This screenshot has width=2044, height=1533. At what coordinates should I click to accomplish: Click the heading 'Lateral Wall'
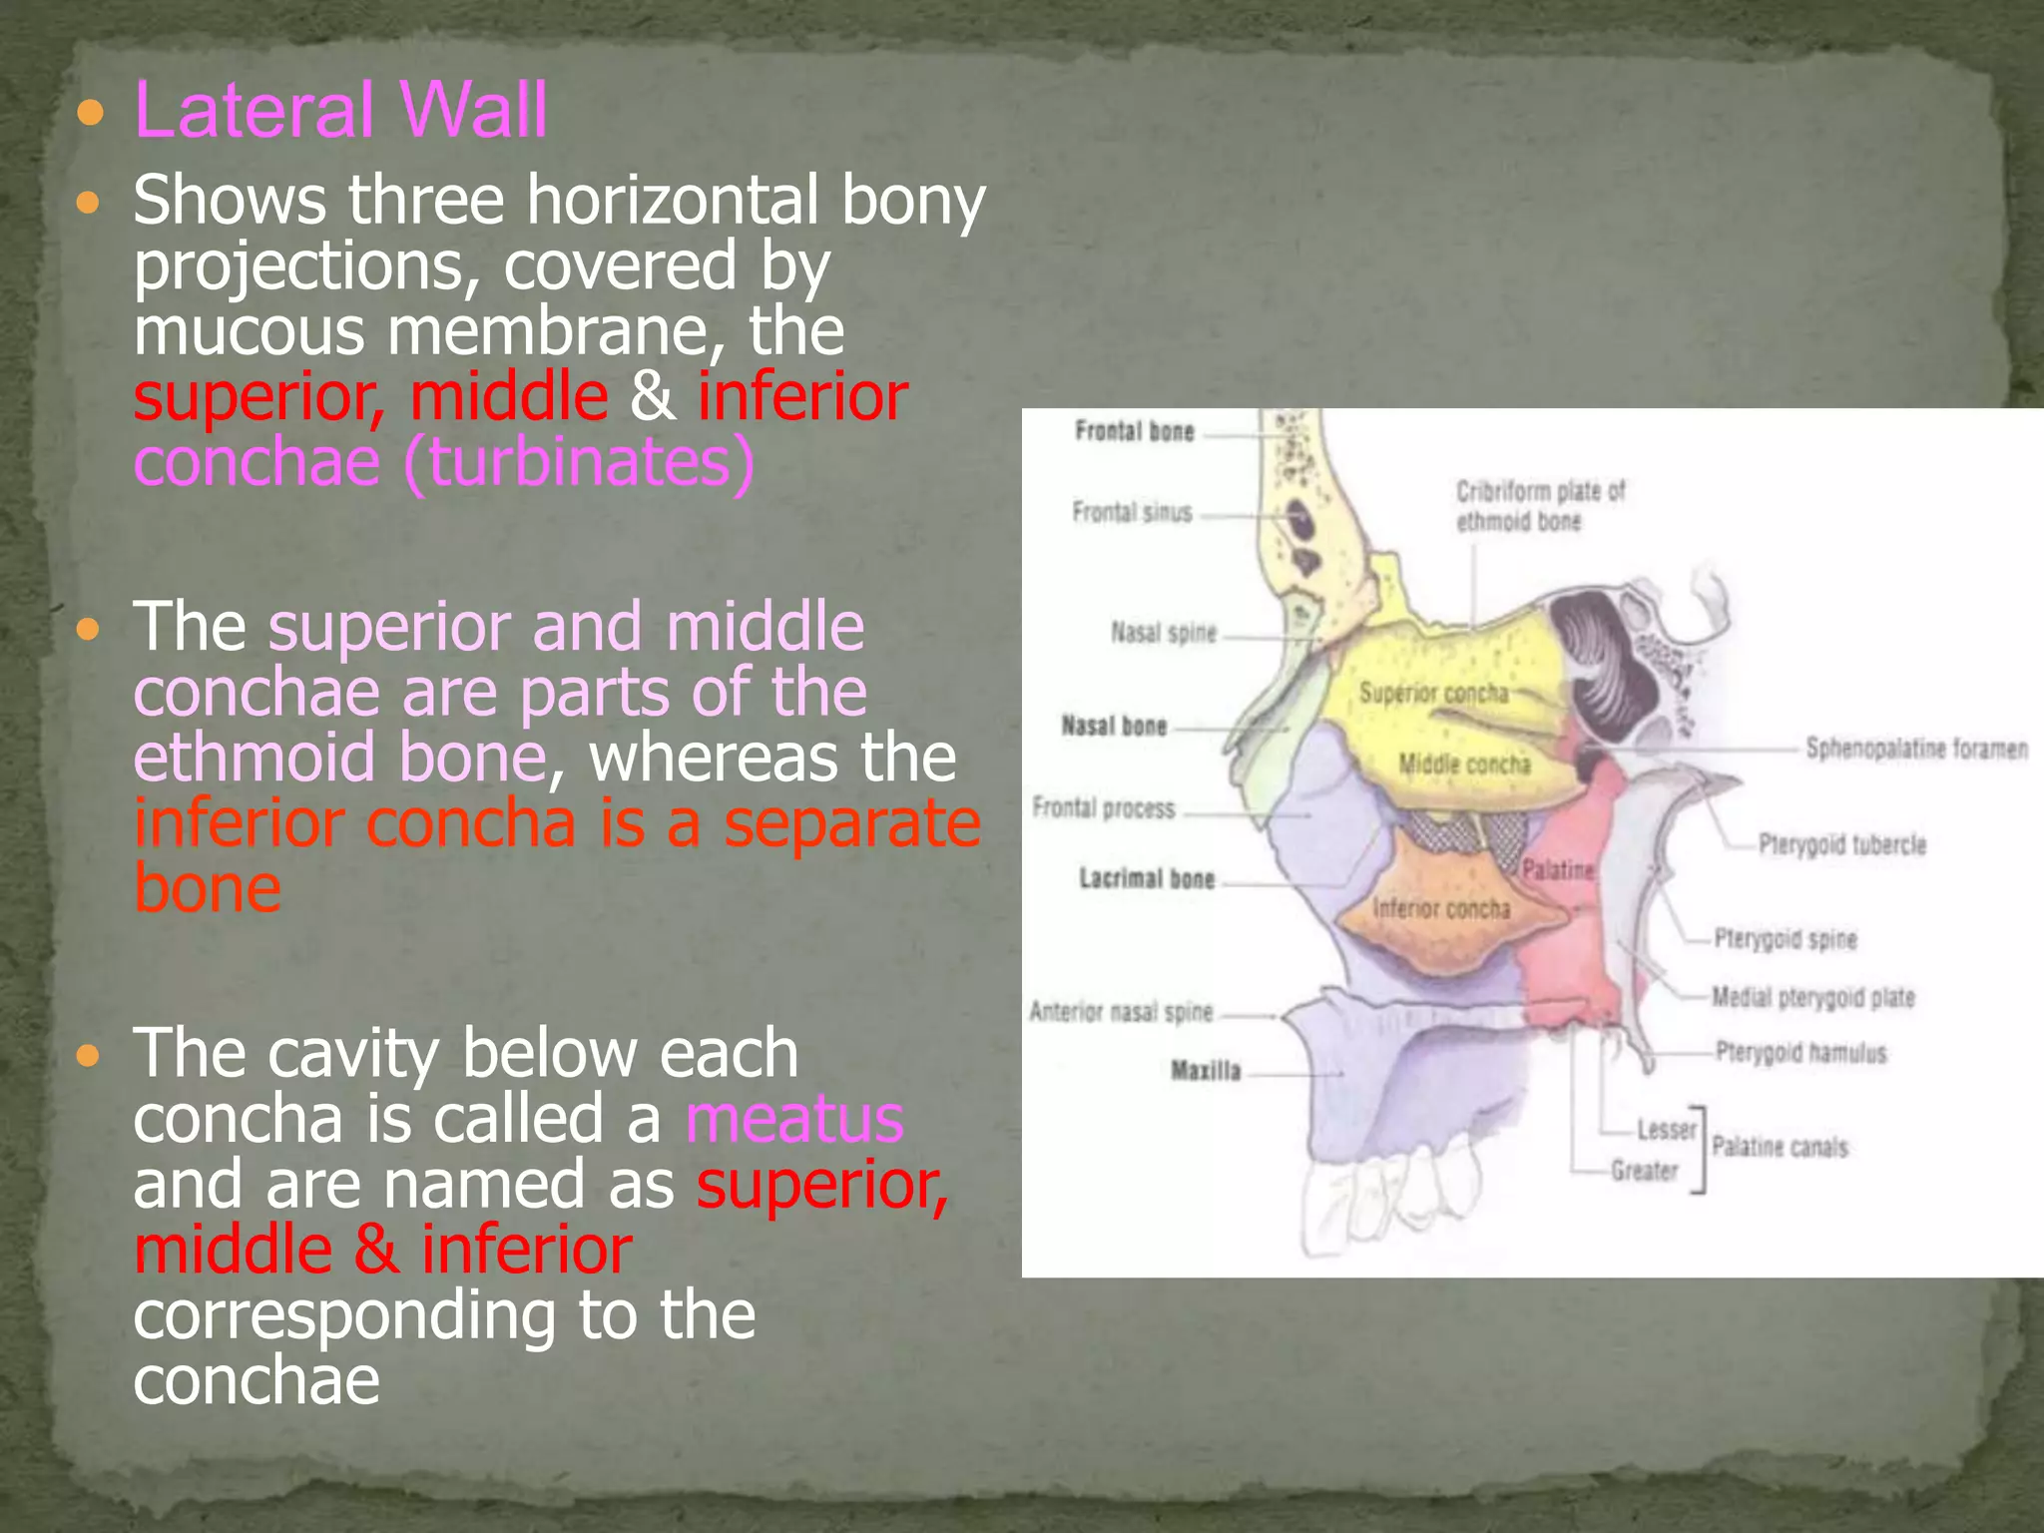pos(340,110)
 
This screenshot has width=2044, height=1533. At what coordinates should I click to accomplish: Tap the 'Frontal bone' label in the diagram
pos(1135,432)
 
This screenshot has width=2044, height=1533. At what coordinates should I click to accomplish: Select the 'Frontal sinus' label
pos(1132,513)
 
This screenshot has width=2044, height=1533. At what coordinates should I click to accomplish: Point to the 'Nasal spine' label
pos(1164,633)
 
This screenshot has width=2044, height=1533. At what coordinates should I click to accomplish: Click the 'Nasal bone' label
pos(1114,727)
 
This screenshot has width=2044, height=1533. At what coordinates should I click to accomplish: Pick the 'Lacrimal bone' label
pos(1147,879)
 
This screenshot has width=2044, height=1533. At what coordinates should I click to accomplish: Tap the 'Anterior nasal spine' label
pos(1121,1013)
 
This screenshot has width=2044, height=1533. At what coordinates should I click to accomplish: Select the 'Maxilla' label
pos(1206,1072)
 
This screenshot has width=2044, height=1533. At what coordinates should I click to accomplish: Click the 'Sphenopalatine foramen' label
pos(1916,749)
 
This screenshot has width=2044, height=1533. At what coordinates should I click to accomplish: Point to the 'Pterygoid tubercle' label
pos(1841,845)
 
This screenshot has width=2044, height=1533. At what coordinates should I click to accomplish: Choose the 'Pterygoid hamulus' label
pos(1800,1053)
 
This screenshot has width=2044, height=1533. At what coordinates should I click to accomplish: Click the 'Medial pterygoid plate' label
pos(1812,997)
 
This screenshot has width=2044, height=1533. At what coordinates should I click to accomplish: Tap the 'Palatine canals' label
pos(1780,1148)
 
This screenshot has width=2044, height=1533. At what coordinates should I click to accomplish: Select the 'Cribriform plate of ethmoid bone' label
pos(1540,506)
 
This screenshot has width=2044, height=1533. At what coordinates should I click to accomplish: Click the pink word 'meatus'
pos(794,1119)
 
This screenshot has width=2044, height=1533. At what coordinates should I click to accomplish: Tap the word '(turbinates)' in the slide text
pos(579,462)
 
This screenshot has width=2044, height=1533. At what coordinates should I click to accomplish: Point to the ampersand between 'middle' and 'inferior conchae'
pos(652,396)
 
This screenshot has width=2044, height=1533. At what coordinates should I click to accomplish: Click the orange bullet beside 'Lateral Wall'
pos(90,113)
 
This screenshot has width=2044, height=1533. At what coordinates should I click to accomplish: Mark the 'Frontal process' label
pos(1104,808)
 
